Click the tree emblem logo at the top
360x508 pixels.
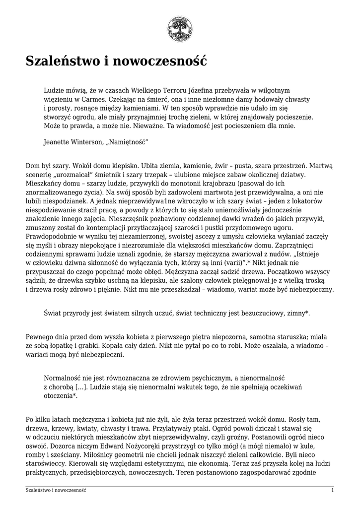tap(180, 29)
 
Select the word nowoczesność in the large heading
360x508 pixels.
tap(160, 63)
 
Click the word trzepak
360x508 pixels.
tap(181, 175)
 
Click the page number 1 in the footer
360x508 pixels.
tap(332, 490)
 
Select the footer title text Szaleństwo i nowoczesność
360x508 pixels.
tap(56, 490)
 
